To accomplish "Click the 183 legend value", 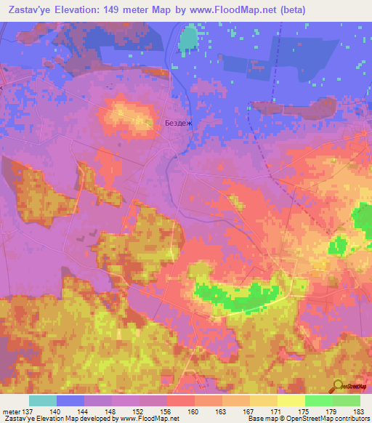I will tap(359, 410).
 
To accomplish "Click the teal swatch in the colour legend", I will tap(43, 400).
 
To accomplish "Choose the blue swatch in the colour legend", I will tap(70, 400).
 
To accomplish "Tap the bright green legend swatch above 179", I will tap(319, 400).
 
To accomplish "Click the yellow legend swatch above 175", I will tap(291, 400).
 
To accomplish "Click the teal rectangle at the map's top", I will tap(189, 37).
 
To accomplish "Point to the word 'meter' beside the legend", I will tap(12, 410).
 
